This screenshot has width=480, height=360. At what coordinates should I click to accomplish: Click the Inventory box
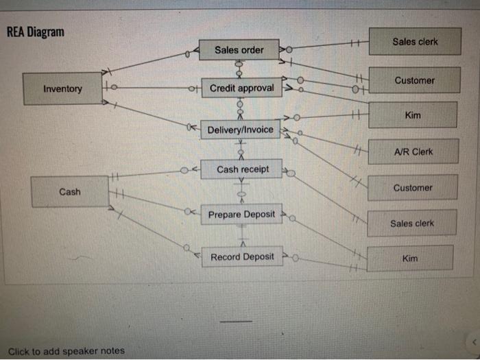coord(63,88)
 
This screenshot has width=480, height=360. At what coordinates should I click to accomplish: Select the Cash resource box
coord(69,191)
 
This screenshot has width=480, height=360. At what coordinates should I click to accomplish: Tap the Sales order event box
coord(239,49)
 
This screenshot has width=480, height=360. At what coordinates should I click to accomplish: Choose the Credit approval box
coord(241,88)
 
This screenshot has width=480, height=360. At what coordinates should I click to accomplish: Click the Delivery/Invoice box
coord(240,130)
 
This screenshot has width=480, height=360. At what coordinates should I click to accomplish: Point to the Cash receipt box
coord(242,169)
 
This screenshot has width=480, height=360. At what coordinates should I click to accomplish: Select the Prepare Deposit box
coord(241,214)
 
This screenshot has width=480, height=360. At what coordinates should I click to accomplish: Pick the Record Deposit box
coord(241,256)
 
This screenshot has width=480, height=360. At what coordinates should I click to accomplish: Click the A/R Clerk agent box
coord(413,152)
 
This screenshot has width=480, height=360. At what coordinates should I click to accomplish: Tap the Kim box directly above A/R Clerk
coord(413,115)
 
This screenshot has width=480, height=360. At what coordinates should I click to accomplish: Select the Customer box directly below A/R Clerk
coord(413,187)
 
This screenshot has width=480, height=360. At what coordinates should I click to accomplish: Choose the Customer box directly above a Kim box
coord(414,80)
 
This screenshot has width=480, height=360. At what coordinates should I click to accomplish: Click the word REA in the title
coord(18,32)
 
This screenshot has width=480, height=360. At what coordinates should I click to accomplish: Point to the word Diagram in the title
coord(47,32)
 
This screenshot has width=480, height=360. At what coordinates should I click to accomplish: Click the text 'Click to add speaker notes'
coord(67,351)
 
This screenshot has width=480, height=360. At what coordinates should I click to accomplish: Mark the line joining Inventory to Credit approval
coord(151,88)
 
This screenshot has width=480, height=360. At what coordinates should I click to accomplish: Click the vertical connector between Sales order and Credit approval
coord(239,69)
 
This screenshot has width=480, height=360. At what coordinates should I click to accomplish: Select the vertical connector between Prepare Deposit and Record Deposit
coord(241,235)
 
